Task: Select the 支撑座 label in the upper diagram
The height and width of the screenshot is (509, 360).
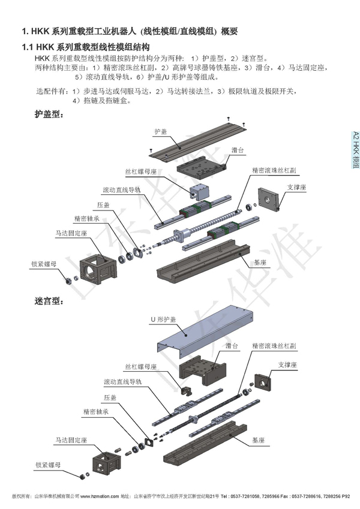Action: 296,187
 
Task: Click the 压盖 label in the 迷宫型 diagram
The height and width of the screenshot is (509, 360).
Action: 109,397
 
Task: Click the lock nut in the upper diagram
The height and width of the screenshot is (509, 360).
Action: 68,280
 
